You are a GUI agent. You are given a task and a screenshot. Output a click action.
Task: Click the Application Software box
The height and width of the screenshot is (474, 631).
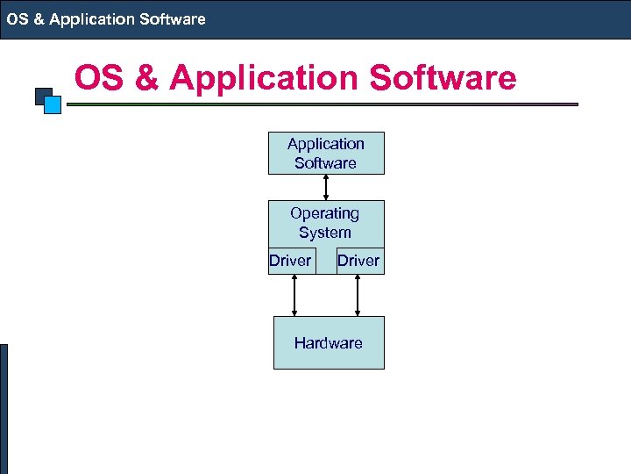326,153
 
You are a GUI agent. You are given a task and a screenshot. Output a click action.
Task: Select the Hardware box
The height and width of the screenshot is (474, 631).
329,343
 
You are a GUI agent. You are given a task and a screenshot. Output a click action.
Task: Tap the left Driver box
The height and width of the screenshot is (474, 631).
290,261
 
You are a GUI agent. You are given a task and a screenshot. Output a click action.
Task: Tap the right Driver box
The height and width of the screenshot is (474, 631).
359,261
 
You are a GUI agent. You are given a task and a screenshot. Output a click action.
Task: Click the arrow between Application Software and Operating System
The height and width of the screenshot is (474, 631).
326,187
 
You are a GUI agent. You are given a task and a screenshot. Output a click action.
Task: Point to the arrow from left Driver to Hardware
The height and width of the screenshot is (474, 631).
294,295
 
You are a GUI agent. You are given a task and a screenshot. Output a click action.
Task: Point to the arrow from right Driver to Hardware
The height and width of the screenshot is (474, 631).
358,295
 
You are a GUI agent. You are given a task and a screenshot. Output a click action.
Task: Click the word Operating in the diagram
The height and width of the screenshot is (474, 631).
324,213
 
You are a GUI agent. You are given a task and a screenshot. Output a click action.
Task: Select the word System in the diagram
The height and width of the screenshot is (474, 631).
324,233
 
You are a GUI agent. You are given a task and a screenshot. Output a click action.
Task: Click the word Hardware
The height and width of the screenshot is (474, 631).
329,343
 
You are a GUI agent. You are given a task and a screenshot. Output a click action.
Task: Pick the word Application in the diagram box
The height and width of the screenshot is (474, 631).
326,144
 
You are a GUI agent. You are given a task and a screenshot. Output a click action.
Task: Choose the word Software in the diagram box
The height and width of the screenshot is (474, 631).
325,163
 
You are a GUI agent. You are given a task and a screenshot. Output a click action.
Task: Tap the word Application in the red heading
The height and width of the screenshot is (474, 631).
265,78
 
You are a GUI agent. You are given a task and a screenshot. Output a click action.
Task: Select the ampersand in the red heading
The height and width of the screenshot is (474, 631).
145,78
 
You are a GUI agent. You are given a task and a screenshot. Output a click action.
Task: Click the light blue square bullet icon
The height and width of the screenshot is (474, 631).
53,105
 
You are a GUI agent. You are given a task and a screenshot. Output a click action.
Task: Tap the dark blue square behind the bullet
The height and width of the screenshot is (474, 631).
40,94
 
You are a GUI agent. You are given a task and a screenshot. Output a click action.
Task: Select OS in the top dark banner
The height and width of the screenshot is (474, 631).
18,18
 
